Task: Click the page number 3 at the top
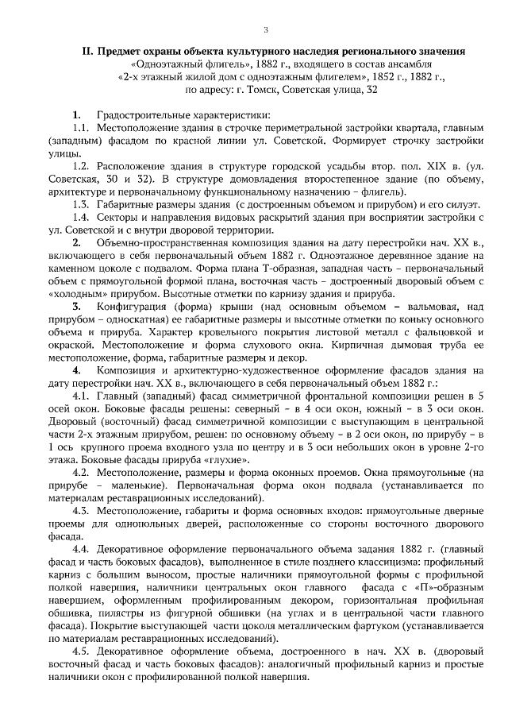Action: (266, 30)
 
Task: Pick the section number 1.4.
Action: (81, 217)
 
